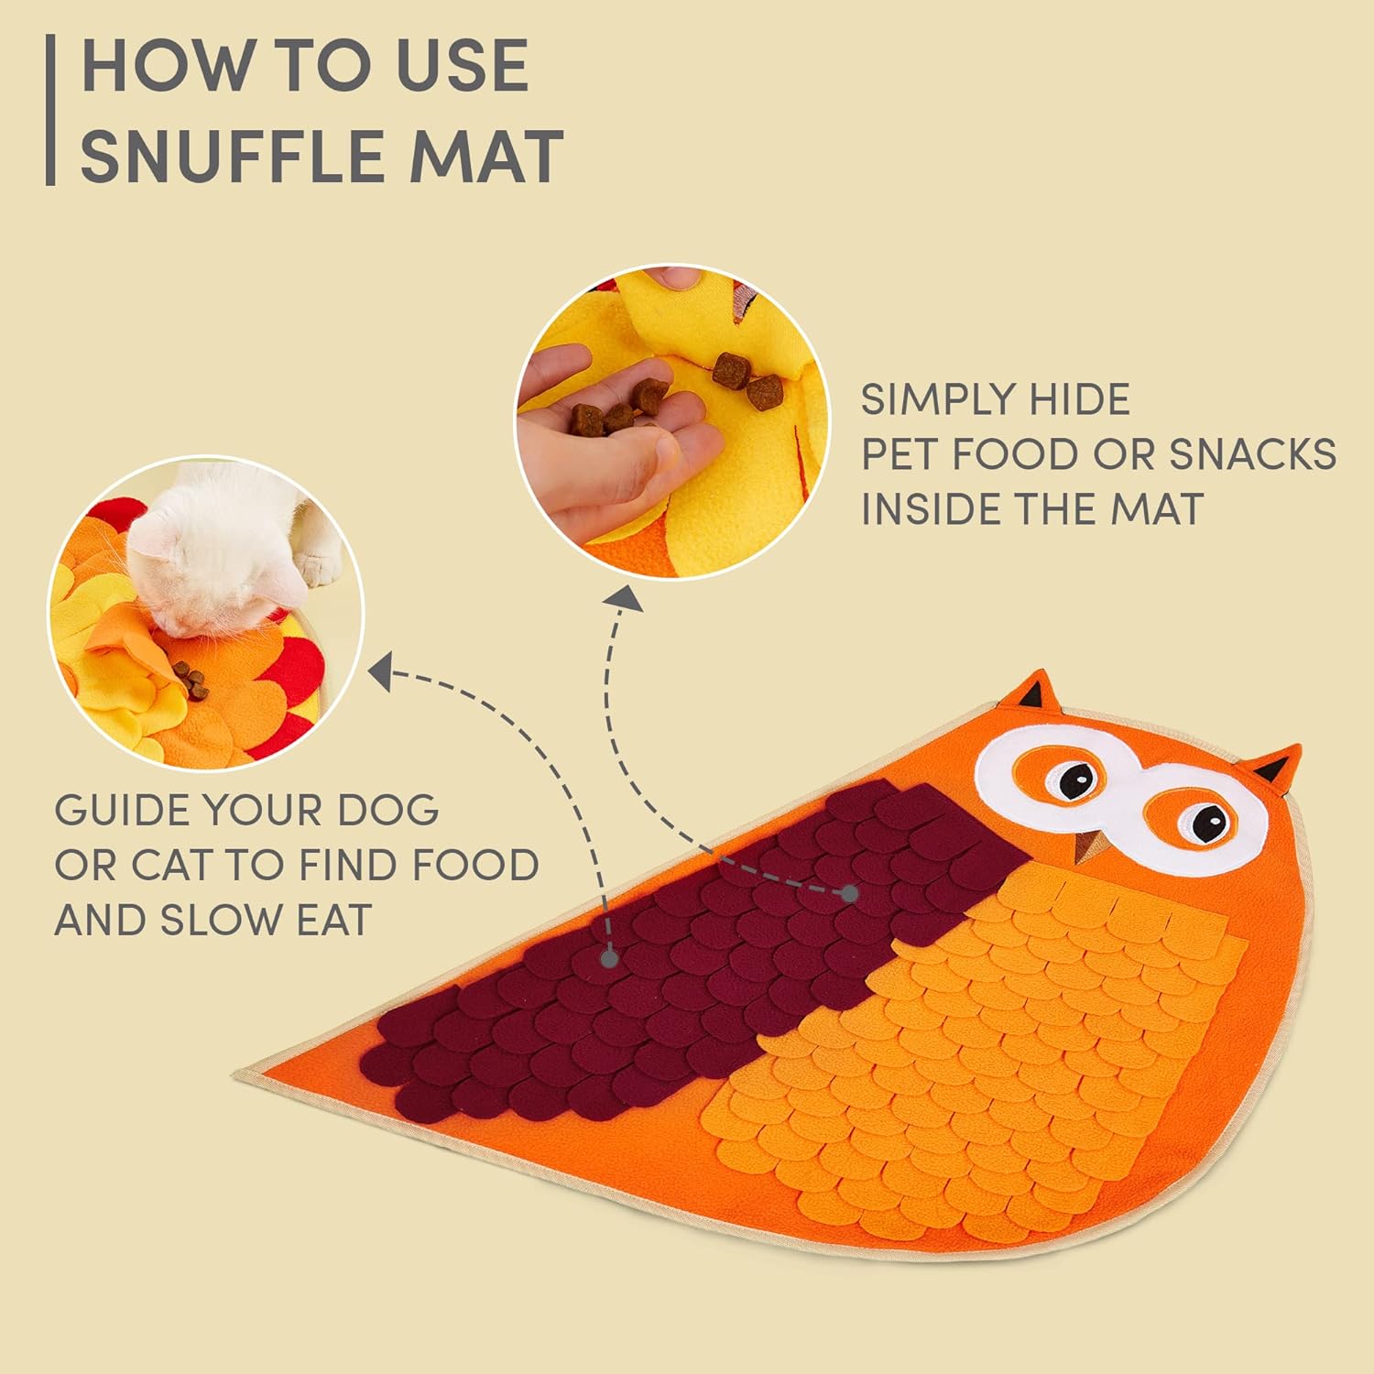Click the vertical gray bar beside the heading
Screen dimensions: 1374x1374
click(x=50, y=110)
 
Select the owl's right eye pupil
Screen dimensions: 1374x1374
click(x=1212, y=820)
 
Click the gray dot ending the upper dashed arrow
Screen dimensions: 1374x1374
click(x=849, y=893)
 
